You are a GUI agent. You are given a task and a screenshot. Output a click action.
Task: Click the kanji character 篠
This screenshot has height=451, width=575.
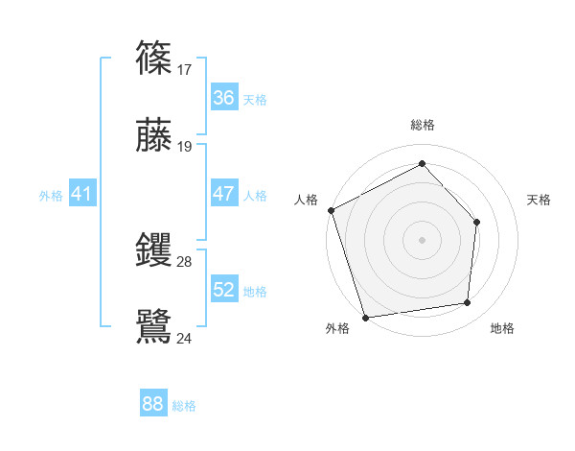(153, 57)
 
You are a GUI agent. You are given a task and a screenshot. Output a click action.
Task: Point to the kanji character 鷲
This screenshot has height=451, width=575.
(153, 325)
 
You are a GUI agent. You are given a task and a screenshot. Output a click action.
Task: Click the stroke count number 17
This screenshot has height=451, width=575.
(185, 69)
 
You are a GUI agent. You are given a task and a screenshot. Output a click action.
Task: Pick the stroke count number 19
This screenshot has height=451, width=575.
(185, 147)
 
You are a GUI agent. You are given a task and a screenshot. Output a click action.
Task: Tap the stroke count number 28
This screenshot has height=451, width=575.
(185, 262)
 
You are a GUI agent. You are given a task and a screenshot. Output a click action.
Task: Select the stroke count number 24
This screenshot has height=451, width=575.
(185, 338)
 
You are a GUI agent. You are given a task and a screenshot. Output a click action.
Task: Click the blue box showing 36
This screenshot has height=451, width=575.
(223, 98)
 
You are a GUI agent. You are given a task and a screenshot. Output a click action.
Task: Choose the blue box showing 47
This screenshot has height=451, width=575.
(223, 194)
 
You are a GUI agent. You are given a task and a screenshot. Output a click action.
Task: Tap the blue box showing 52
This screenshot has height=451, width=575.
(223, 290)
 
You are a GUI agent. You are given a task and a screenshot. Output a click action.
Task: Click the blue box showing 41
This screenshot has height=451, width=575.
(82, 194)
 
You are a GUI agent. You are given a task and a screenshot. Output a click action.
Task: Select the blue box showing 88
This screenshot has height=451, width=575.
(153, 404)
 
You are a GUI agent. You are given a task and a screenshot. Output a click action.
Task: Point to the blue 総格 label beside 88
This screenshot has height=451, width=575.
(184, 406)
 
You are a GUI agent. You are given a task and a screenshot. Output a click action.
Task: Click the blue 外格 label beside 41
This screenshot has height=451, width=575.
(51, 196)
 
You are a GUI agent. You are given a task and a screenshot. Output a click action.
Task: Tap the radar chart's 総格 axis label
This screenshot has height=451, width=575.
(422, 125)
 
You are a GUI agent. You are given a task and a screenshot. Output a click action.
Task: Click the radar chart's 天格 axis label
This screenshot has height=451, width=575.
(539, 200)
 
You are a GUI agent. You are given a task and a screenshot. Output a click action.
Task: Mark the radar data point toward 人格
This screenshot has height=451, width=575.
(331, 210)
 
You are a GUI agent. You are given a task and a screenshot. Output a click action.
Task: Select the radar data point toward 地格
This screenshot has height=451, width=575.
(468, 303)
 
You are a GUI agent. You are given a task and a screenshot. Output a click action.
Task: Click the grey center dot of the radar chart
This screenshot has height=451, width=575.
(422, 240)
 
